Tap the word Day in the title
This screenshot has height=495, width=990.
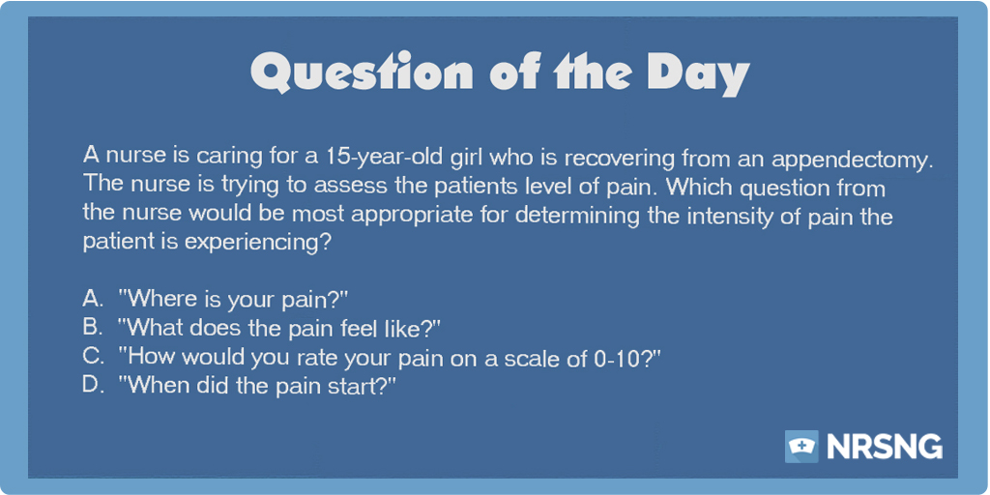(x=697, y=73)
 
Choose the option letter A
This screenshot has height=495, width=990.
(x=93, y=297)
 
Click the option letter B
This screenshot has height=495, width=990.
(x=92, y=327)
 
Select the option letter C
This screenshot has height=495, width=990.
(x=93, y=356)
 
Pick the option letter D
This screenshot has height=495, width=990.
(x=93, y=385)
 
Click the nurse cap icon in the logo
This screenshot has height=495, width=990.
(x=801, y=447)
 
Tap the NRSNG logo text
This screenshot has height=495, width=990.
(x=885, y=447)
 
